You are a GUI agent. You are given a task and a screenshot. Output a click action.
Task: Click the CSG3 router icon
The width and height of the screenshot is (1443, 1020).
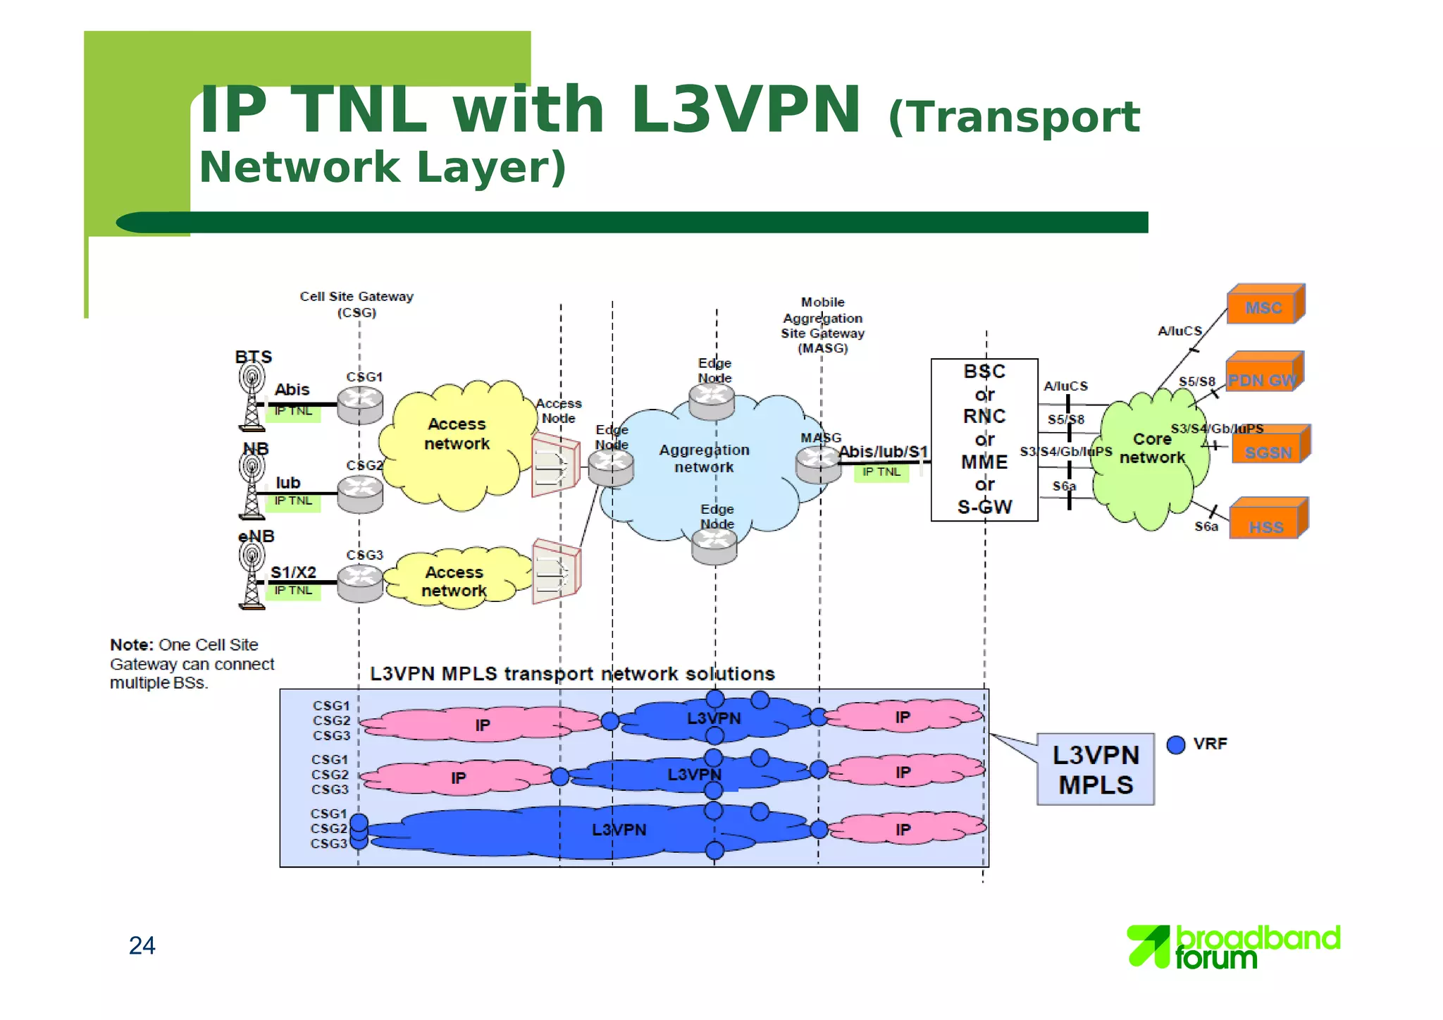tap(360, 583)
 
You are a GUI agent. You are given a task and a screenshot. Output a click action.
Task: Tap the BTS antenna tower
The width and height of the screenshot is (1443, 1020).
tap(252, 398)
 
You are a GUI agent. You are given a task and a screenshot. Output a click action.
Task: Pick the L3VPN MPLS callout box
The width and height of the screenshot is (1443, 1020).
tap(1095, 769)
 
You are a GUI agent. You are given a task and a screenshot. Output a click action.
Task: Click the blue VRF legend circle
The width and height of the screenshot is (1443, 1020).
tap(1175, 744)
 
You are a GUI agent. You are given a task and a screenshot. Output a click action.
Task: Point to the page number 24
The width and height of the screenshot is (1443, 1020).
tap(142, 945)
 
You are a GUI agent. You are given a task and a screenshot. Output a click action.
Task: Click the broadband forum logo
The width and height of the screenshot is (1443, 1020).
tap(1233, 947)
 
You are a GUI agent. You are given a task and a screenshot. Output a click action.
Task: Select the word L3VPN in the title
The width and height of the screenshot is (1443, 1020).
tap(745, 109)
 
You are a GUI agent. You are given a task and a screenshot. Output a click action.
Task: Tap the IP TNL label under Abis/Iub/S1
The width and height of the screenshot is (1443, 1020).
tap(881, 472)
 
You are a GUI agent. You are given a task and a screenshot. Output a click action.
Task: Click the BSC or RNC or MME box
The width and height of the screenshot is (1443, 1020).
tap(984, 439)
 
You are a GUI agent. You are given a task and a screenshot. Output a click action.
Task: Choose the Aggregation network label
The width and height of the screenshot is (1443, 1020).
tap(704, 458)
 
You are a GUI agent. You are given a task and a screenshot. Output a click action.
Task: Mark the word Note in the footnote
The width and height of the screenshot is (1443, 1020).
tap(131, 644)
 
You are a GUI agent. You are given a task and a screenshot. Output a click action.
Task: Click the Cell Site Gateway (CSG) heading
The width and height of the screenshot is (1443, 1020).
tap(357, 304)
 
